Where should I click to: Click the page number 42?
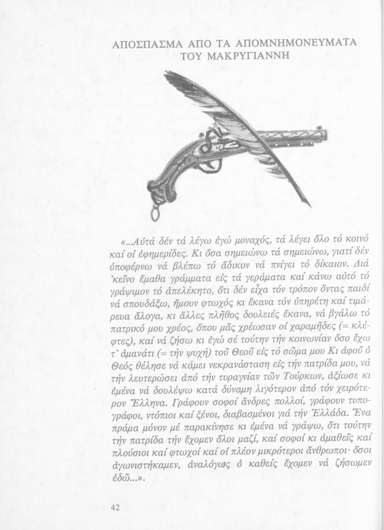point(116,508)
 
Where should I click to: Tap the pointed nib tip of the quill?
point(310,206)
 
